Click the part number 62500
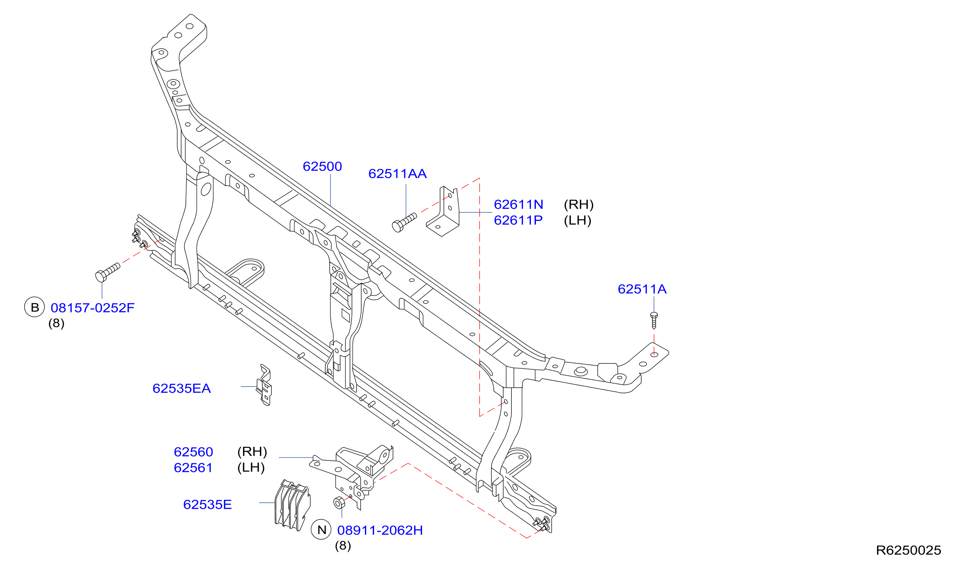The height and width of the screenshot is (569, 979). coord(322,167)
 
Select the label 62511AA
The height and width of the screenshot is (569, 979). coord(398,174)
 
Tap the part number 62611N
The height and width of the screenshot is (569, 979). coord(518,205)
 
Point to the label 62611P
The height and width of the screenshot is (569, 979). coord(518,221)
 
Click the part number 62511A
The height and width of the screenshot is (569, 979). coord(642,289)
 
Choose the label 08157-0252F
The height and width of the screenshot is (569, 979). coord(92,308)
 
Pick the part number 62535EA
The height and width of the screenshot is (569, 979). coord(181,389)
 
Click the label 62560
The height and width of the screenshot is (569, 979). coord(193,452)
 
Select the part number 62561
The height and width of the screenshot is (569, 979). coord(193,468)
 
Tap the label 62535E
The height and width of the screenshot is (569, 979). coord(207,505)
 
